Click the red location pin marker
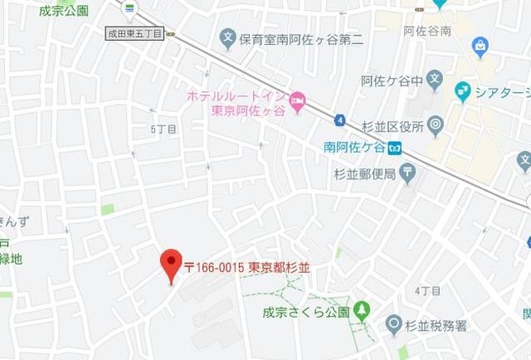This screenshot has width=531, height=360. point(171,264)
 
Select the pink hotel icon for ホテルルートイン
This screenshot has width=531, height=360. point(298,100)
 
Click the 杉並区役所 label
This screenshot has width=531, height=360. point(392,127)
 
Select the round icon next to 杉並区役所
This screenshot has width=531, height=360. point(436,127)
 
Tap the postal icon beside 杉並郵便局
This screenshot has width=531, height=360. point(407,173)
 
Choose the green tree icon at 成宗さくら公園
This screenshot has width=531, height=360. point(361,312)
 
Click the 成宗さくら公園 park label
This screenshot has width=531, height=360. point(305,313)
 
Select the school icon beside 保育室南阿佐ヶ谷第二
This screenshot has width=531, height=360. point(227,37)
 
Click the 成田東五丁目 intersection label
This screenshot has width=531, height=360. point(134,34)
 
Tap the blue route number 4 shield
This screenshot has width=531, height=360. point(339,120)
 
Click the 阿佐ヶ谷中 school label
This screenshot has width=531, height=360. point(392,81)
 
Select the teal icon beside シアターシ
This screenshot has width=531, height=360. point(463,90)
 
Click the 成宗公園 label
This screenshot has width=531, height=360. point(64,11)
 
